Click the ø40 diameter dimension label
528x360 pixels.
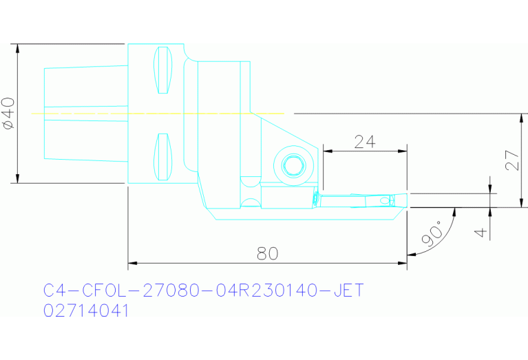tap(8, 113)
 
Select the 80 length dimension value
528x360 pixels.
tap(267, 253)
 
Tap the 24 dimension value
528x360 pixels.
tap(364, 142)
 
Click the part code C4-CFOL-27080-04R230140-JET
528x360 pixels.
tap(202, 290)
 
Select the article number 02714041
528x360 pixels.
tap(86, 310)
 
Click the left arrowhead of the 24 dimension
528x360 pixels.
tap(326, 150)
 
